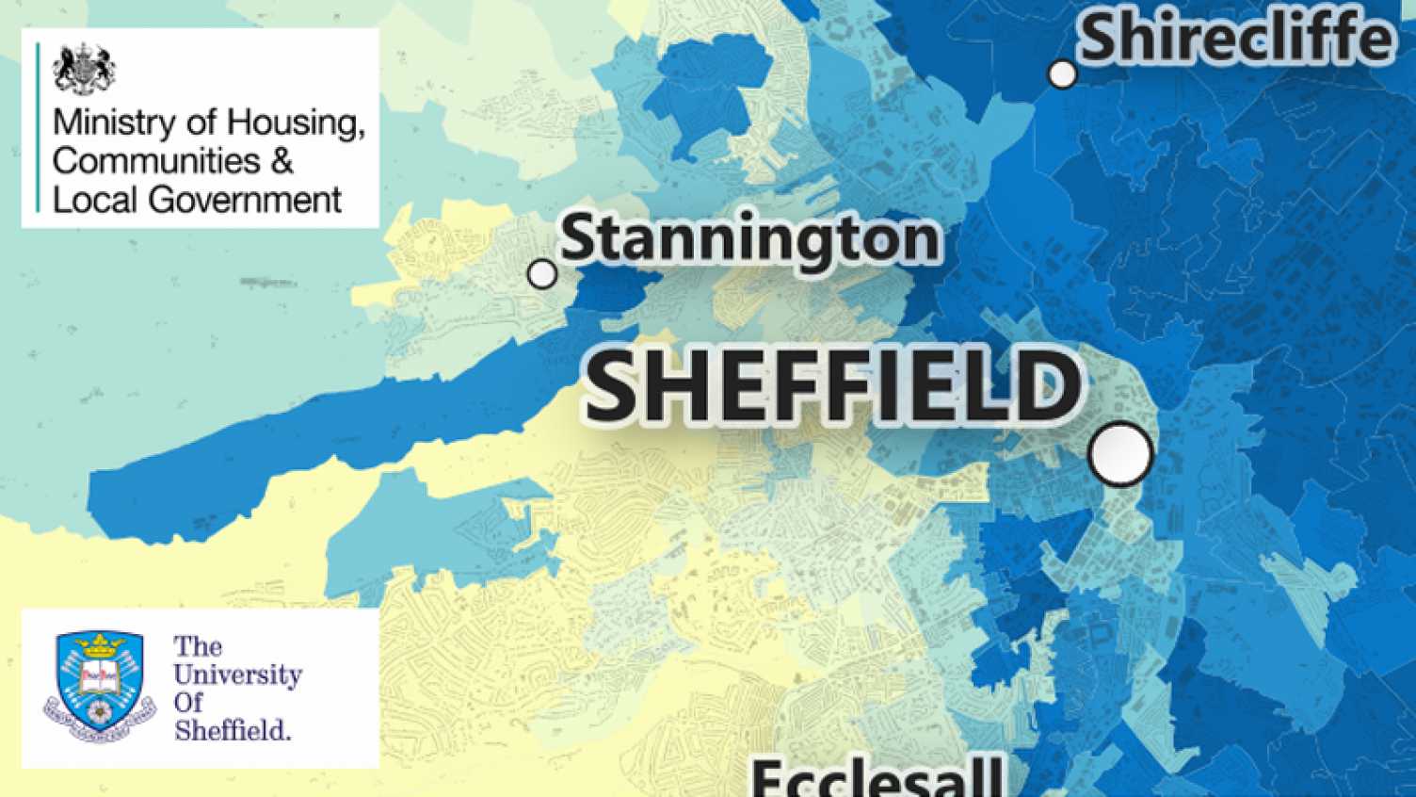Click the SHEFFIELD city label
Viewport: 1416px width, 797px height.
click(x=832, y=386)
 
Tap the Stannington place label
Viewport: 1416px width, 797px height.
click(x=749, y=239)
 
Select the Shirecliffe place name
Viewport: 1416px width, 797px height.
click(x=1235, y=40)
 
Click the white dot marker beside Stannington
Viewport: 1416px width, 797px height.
click(x=542, y=274)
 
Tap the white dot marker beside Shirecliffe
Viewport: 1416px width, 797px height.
click(x=1062, y=74)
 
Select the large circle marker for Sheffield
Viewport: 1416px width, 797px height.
click(x=1120, y=454)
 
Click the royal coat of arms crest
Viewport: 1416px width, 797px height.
click(x=85, y=69)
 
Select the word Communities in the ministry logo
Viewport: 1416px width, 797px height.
click(x=156, y=161)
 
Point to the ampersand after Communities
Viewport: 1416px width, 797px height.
click(x=282, y=161)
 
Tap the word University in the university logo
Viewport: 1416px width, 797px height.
click(x=237, y=675)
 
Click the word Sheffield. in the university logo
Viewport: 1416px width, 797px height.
click(x=233, y=729)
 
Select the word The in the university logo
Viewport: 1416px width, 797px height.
click(x=197, y=647)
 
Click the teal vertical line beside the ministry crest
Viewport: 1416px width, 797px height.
click(x=39, y=128)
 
